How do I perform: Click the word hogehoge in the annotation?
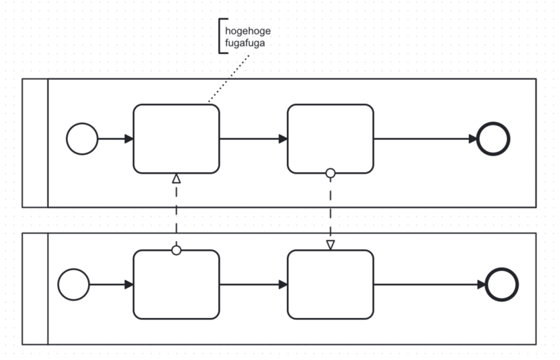[x=248, y=32]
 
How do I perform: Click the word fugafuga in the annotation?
[x=245, y=43]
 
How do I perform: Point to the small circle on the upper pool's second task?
[x=330, y=174]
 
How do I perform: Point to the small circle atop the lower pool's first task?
[x=176, y=250]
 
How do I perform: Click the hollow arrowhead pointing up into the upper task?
[x=176, y=179]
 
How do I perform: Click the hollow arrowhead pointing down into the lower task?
[x=330, y=245]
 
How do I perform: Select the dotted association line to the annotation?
[x=229, y=78]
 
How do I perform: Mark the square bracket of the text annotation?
[x=219, y=36]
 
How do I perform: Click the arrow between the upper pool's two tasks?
[x=253, y=139]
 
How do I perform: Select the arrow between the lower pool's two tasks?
[x=253, y=284]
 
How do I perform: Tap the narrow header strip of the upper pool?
[x=35, y=143]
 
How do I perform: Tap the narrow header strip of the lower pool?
[x=35, y=289]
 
